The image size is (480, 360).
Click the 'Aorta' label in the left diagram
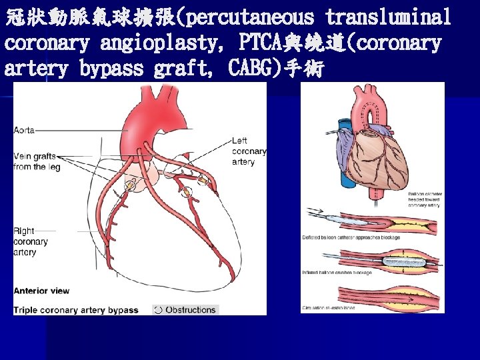tap(25, 130)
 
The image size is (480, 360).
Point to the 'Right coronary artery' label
tap(31, 241)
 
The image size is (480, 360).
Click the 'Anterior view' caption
tap(41, 291)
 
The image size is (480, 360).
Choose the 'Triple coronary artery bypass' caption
tap(75, 310)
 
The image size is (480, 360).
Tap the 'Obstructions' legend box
tap(185, 310)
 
